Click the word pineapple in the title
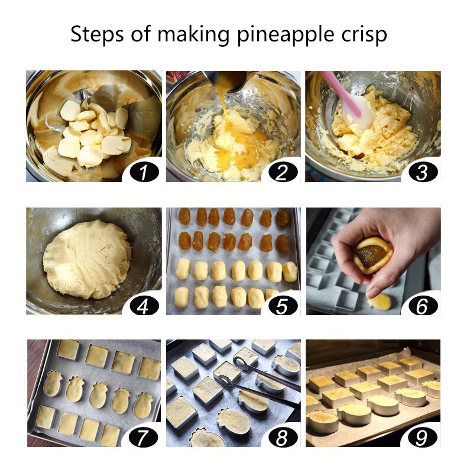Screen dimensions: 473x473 [285, 35]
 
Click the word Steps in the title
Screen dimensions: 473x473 [97, 34]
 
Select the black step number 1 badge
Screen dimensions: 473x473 [144, 172]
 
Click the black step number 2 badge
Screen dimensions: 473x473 [283, 172]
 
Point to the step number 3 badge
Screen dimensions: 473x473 [423, 172]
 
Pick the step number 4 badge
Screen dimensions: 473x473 [144, 306]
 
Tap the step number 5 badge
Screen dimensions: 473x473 [283, 306]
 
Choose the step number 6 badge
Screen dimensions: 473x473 [423, 306]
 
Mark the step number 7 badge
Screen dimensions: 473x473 [143, 438]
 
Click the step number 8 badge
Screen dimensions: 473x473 [283, 438]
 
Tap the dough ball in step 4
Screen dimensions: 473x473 [88, 260]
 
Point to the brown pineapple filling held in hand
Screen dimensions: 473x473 [371, 255]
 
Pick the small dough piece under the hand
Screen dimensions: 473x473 [380, 302]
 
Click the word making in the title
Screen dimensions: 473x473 [193, 35]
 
